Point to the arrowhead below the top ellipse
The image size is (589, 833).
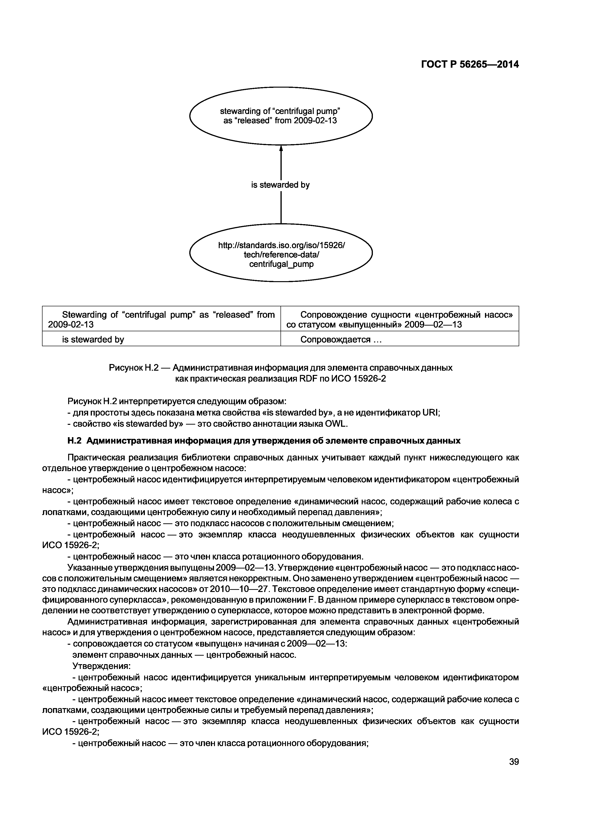pyautogui.click(x=281, y=149)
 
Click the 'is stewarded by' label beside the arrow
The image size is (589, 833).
pyautogui.click(x=280, y=185)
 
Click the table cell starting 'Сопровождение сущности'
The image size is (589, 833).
pyautogui.click(x=399, y=319)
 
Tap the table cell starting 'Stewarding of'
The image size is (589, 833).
pyautogui.click(x=161, y=319)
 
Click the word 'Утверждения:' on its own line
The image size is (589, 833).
pyautogui.click(x=102, y=666)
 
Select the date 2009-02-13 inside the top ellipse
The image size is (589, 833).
pyautogui.click(x=315, y=121)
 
